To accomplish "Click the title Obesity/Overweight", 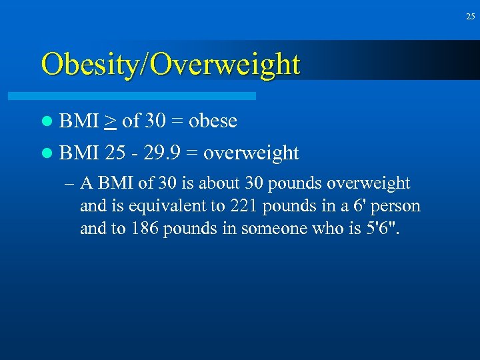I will coord(170,65).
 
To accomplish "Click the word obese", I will coord(213,121).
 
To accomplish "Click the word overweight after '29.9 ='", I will coord(251,154).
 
